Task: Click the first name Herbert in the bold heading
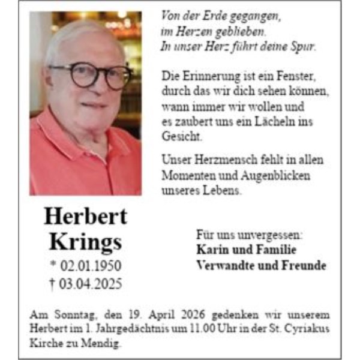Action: [85, 217]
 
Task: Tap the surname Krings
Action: [85, 242]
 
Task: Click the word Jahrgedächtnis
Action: [128, 329]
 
